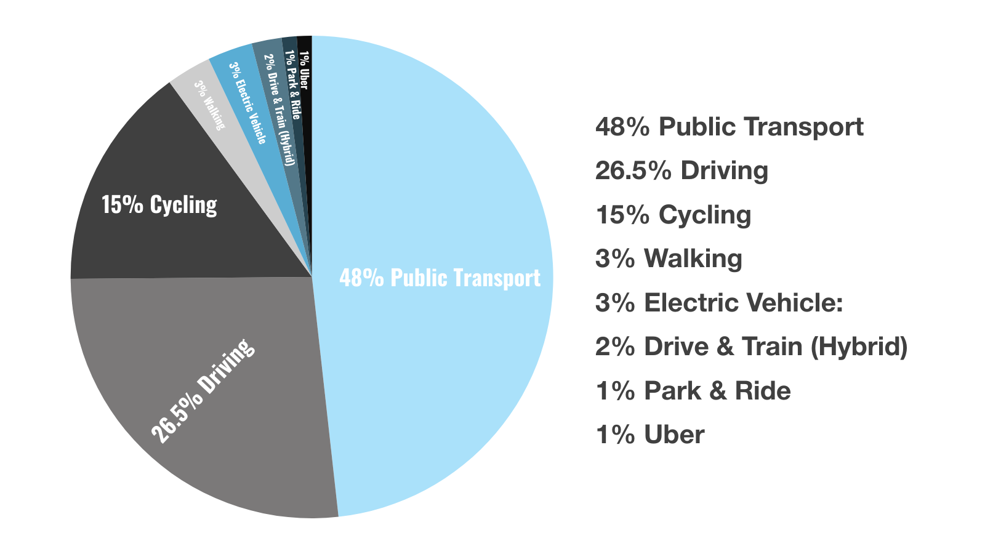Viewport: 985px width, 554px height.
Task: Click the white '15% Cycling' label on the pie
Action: pyautogui.click(x=159, y=205)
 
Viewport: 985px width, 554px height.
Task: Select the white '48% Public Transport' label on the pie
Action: pyautogui.click(x=440, y=278)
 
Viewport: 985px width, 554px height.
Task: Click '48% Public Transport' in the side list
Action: pyautogui.click(x=729, y=127)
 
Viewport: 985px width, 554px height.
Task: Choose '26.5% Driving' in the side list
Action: pyautogui.click(x=681, y=171)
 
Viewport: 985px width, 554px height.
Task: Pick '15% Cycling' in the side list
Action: pyautogui.click(x=673, y=215)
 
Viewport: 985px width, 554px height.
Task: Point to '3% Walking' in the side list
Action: pyautogui.click(x=669, y=259)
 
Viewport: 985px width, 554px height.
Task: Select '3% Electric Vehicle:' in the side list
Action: pyautogui.click(x=719, y=303)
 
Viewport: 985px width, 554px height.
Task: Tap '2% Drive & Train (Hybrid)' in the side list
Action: pyautogui.click(x=751, y=347)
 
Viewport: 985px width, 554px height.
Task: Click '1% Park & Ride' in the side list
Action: pyautogui.click(x=693, y=391)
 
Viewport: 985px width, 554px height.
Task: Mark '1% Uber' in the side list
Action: pyautogui.click(x=649, y=435)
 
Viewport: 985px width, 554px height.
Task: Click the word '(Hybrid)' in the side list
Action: pyautogui.click(x=859, y=347)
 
